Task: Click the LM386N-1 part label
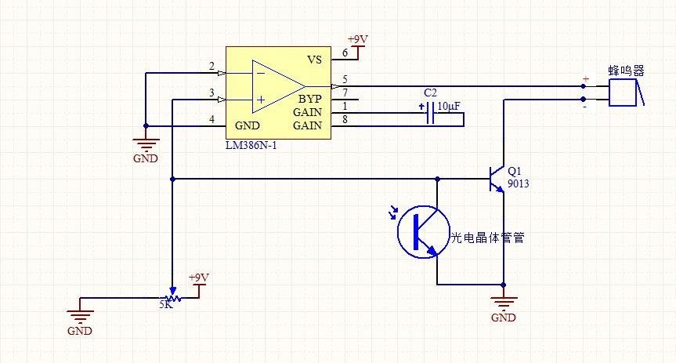[x=252, y=146]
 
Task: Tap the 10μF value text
[x=449, y=106]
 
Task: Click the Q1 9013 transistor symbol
[x=496, y=179]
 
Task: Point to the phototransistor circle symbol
[x=423, y=231]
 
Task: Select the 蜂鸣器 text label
[x=627, y=70]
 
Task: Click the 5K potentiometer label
[x=165, y=305]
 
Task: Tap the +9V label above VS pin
[x=356, y=39]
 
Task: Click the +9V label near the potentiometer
[x=199, y=278]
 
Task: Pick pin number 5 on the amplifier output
[x=345, y=79]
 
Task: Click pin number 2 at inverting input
[x=211, y=66]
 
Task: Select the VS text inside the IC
[x=313, y=60]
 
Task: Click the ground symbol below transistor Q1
[x=503, y=303]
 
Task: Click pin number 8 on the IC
[x=345, y=119]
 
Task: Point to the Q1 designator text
[x=514, y=170]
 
